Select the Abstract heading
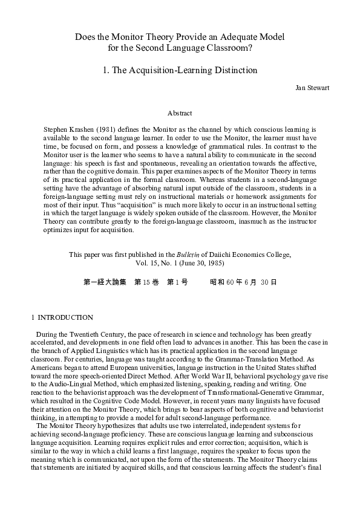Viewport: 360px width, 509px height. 180,113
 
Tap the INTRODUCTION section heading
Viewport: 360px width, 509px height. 65,317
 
